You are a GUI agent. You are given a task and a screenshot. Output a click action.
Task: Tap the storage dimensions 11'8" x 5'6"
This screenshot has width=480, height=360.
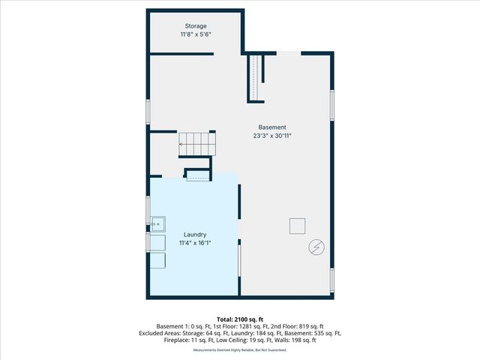click(x=196, y=35)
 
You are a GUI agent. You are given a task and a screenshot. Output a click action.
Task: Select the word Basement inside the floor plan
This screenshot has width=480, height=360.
click(x=271, y=127)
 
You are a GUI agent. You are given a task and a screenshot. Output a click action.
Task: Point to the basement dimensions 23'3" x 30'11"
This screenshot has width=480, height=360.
click(x=271, y=136)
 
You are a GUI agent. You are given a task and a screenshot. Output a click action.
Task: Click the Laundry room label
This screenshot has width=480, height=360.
click(x=193, y=234)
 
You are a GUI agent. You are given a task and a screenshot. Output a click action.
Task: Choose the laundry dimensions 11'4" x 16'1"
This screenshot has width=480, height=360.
click(x=193, y=243)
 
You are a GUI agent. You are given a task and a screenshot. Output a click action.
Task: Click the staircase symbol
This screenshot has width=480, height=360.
click(x=197, y=142)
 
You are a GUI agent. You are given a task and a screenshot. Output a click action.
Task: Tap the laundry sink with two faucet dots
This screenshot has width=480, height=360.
click(x=157, y=223)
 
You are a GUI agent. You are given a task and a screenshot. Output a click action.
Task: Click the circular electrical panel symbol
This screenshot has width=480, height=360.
click(x=316, y=246)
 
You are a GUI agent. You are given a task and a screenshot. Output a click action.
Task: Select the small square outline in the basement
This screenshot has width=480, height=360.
click(x=298, y=226)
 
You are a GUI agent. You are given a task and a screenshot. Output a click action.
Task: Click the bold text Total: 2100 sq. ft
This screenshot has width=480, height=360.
click(x=240, y=319)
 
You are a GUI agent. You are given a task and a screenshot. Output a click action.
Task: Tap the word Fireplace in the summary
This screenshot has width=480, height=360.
click(x=178, y=340)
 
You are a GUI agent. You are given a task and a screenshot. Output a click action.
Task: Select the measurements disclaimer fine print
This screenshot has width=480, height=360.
click(x=240, y=349)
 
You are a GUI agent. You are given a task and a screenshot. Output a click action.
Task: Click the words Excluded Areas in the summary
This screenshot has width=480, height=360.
click(x=160, y=333)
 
